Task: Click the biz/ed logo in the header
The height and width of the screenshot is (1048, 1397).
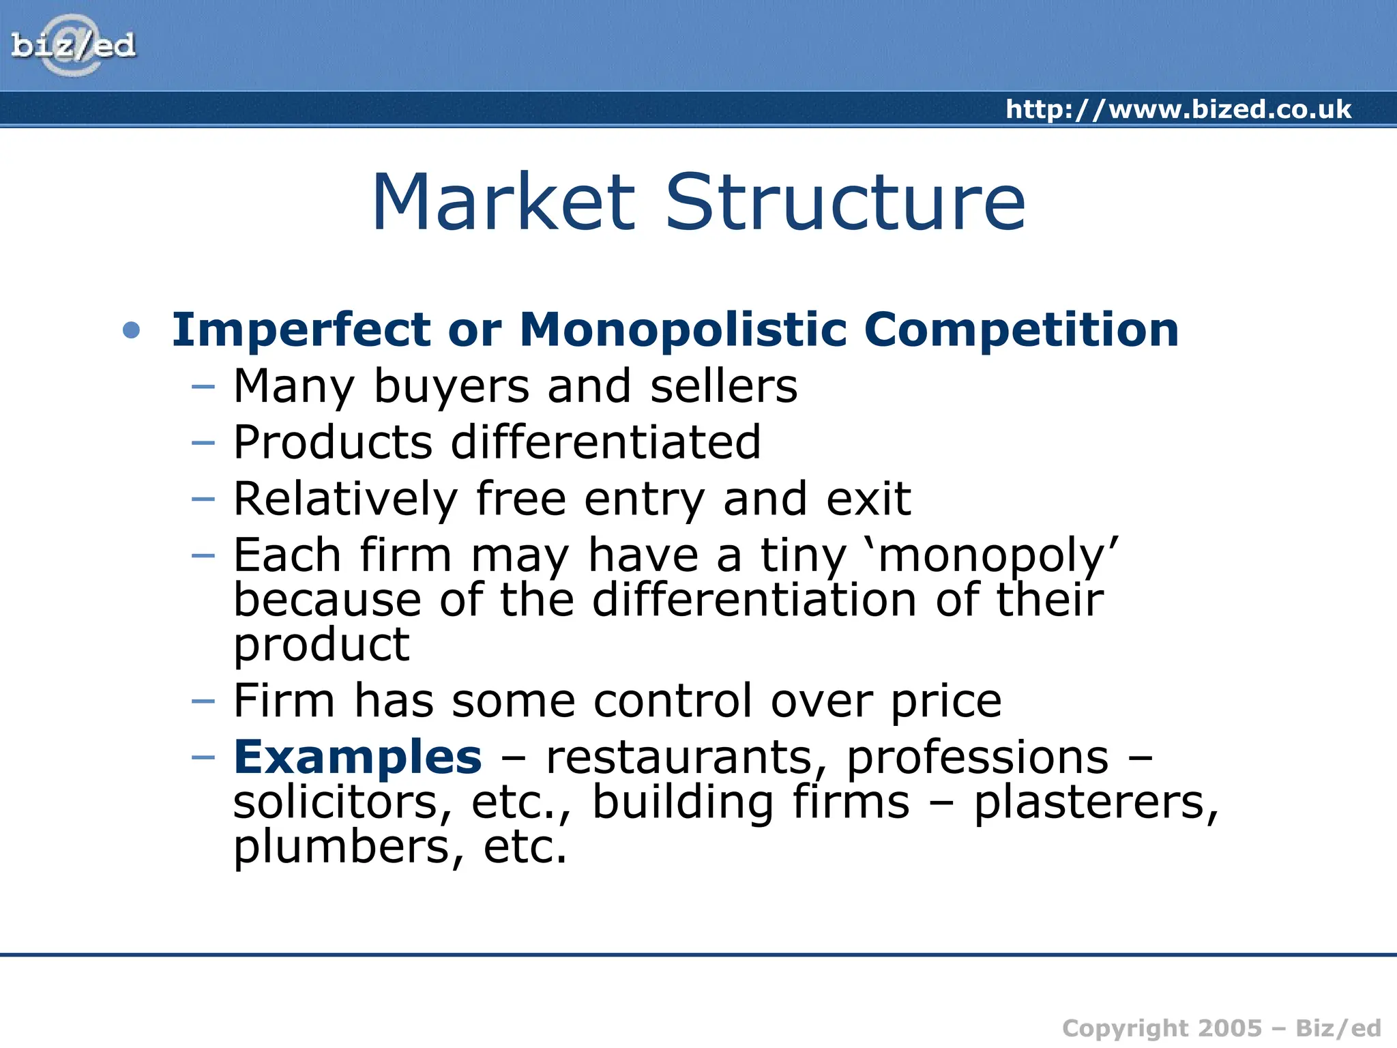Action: pos(73,46)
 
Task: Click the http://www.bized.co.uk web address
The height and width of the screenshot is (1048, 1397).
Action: pos(1178,109)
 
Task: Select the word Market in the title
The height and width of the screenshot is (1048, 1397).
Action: pos(503,203)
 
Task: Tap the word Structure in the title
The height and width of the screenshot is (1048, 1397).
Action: pos(844,203)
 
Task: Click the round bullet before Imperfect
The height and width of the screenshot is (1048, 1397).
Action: pos(131,331)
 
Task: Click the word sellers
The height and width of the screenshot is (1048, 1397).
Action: pos(723,386)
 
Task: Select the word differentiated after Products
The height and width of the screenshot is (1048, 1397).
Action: pos(606,442)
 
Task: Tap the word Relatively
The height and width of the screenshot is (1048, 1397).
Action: pos(345,499)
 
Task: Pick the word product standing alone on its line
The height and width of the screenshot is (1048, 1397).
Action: pos(321,645)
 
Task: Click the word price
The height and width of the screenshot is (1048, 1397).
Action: pos(946,701)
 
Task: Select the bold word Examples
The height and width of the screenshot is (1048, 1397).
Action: pos(357,757)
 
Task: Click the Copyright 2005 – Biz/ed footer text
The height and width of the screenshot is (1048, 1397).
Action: pos(1221,1028)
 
